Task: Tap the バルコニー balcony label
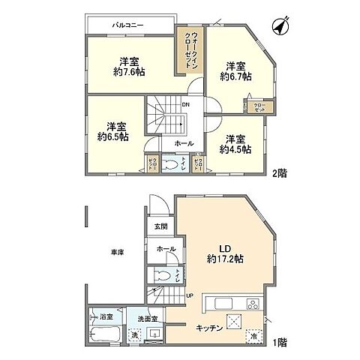[128, 25]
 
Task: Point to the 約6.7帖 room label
[235, 70]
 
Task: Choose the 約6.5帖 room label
[112, 131]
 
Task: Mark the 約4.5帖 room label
[235, 143]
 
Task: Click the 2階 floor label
[279, 173]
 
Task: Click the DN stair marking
[185, 104]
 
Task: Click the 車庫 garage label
[115, 253]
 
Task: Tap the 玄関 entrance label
[161, 226]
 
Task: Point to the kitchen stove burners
[251, 304]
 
